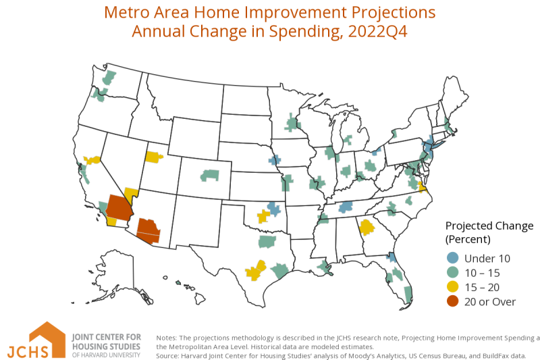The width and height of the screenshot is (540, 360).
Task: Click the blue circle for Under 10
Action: pos(452,258)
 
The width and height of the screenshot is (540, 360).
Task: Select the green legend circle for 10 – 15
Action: pos(452,272)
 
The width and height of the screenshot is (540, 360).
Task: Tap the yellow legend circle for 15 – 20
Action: pos(452,287)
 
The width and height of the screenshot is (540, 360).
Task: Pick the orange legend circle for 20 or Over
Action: pos(452,301)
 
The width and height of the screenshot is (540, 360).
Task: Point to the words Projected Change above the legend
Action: pos(489,226)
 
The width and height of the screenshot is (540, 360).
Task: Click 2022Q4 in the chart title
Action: pos(378,31)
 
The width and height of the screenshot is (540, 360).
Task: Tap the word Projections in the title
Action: pos(394,13)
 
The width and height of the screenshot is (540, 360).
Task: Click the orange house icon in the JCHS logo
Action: pos(47,339)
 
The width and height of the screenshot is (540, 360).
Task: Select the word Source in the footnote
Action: pos(167,356)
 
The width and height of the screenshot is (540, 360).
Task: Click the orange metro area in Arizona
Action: pos(148,231)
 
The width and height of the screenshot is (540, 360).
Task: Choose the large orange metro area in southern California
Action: pos(119,208)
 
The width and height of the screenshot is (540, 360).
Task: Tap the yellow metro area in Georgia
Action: pos(367,227)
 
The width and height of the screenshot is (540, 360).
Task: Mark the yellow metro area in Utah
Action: pos(154,157)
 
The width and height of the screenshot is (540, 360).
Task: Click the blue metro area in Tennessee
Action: pos(346,207)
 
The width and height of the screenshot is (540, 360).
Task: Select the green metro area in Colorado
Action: pos(210,176)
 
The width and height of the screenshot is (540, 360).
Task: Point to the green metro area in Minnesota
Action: pos(292,123)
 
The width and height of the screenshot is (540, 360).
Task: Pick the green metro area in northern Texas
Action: pos(267,242)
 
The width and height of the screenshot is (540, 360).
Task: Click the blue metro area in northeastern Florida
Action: pos(391,257)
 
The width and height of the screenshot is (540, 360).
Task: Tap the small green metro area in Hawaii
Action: pos(178,283)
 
